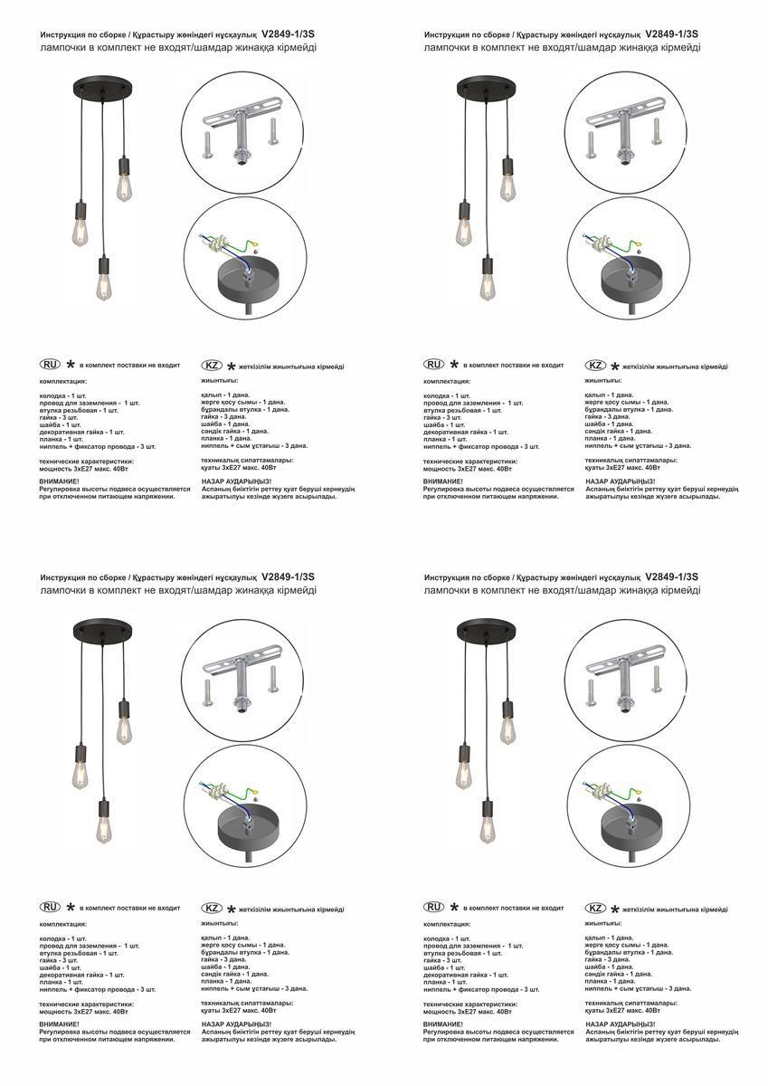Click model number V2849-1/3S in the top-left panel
(x=288, y=33)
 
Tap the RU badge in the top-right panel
(x=434, y=365)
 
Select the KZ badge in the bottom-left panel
(x=211, y=908)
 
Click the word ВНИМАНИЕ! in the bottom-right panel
(x=442, y=1024)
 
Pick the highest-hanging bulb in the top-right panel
(x=509, y=179)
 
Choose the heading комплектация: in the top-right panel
(x=447, y=382)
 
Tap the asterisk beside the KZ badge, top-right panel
(x=615, y=367)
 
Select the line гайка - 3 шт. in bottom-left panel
(x=60, y=959)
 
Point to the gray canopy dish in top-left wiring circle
(x=248, y=282)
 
